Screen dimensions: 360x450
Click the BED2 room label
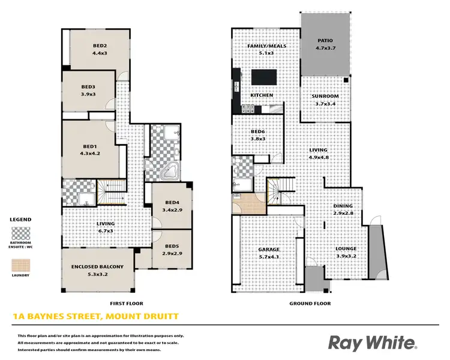tap(100, 46)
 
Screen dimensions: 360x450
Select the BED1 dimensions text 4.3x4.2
tap(90, 153)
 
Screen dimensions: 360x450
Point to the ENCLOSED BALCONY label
tap(97, 267)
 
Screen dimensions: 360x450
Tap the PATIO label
tap(325, 41)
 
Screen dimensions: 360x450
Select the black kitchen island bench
tap(263, 78)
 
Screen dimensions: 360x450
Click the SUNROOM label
tap(326, 96)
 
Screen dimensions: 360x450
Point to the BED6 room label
tap(258, 132)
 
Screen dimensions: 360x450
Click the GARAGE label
tap(269, 249)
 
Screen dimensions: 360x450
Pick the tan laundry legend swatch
tap(21, 264)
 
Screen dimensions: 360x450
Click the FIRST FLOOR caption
tap(127, 304)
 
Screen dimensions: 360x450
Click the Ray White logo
tap(371, 343)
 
